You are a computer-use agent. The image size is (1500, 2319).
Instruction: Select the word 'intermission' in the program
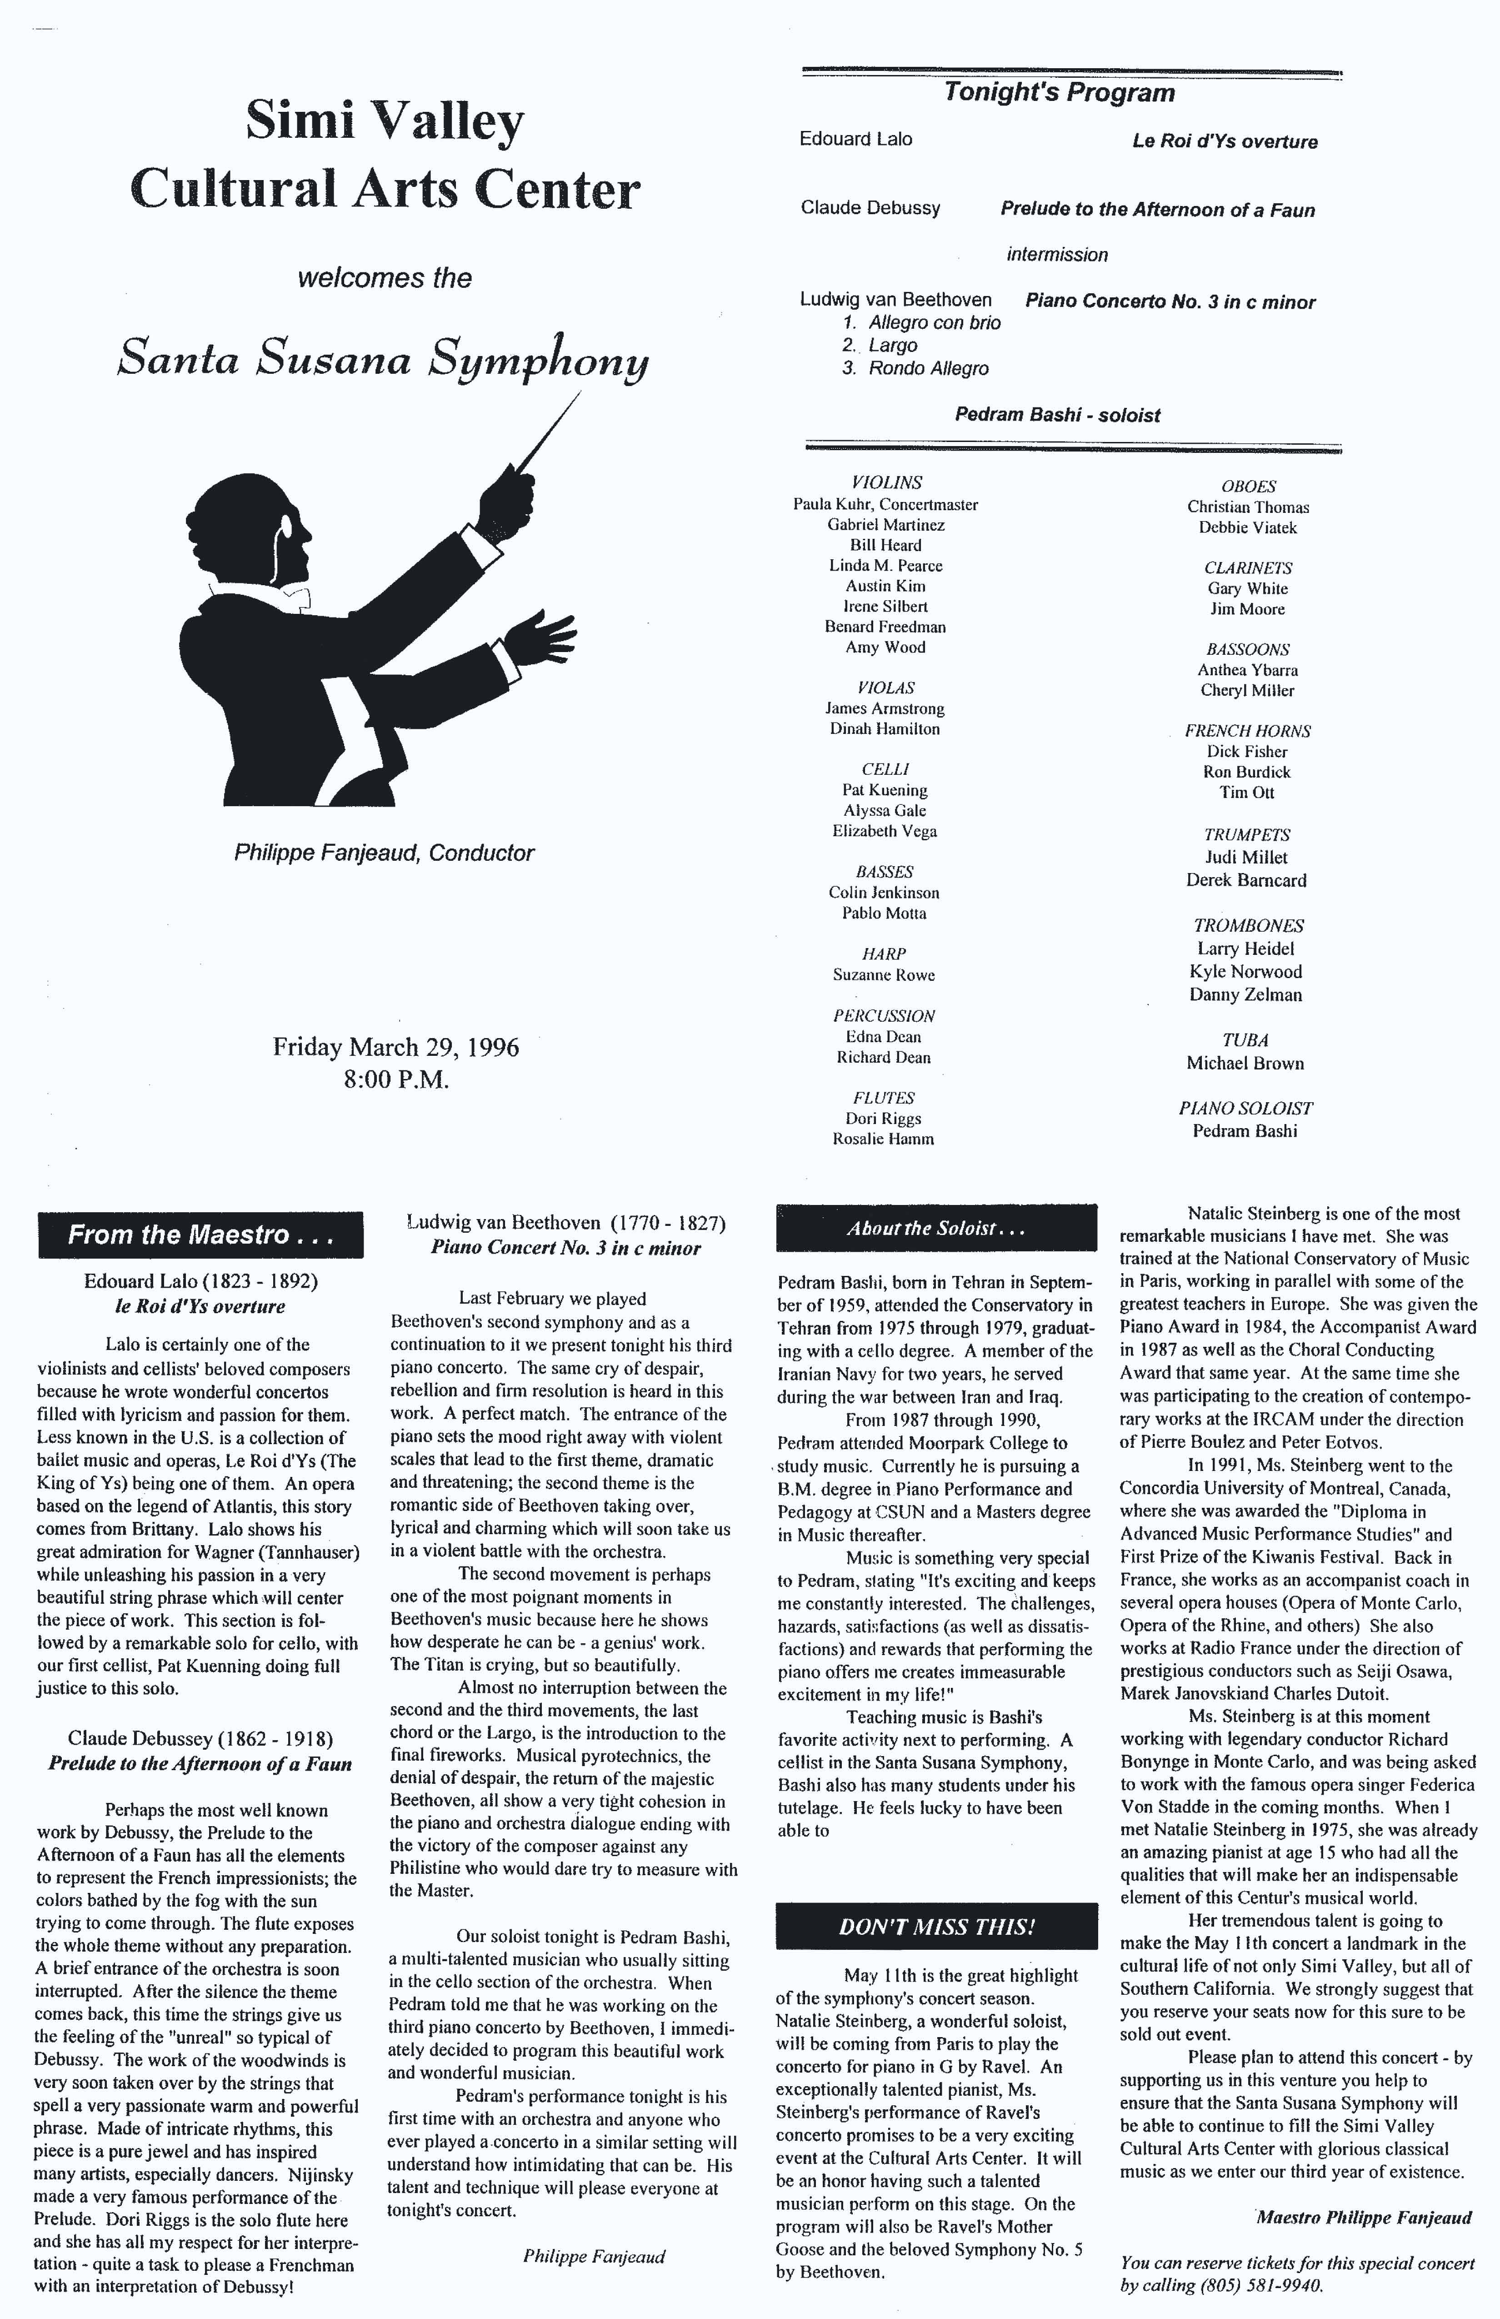(x=1057, y=255)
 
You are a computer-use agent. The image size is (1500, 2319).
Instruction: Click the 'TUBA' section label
(x=1245, y=1041)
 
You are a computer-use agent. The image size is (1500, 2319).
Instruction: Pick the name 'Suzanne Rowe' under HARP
(x=884, y=975)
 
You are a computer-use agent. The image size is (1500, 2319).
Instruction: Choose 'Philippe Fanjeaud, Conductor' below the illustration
(x=384, y=853)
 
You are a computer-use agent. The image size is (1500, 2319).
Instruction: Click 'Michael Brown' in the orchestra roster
(x=1245, y=1064)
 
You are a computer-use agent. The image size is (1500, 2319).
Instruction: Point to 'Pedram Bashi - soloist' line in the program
(x=1057, y=415)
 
